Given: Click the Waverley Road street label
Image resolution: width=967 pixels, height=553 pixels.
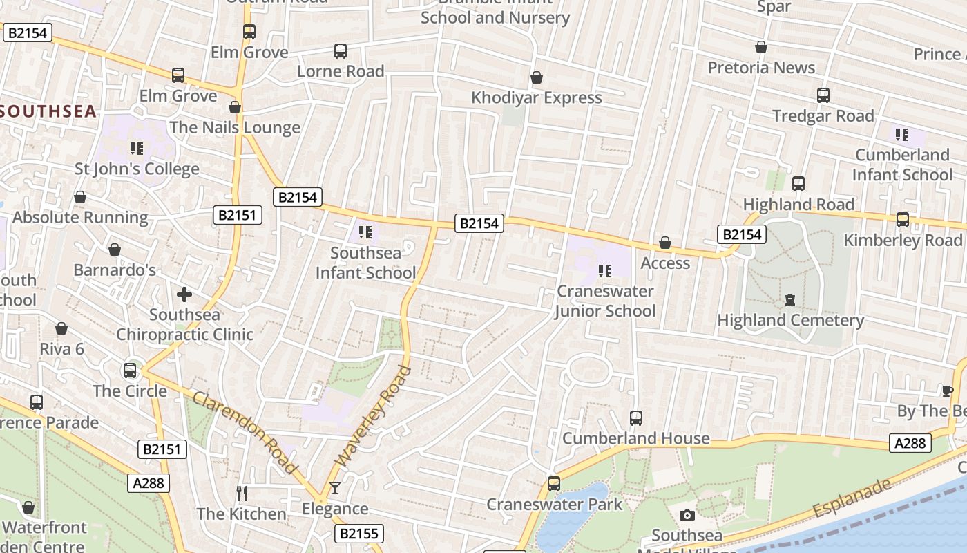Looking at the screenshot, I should [372, 416].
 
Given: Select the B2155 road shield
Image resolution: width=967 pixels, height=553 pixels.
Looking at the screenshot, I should [360, 534].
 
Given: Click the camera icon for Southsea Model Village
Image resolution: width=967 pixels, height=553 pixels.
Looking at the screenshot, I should [687, 515].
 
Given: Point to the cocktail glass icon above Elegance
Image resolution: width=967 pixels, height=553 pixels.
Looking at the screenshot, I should [335, 488].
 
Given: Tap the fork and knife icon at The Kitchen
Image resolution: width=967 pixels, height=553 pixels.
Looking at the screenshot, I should [242, 493].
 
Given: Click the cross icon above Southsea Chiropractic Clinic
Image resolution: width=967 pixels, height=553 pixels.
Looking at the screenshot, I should [184, 295].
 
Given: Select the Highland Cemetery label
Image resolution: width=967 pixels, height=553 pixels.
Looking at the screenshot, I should [790, 320].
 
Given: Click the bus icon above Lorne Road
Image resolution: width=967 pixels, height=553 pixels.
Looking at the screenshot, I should [341, 51].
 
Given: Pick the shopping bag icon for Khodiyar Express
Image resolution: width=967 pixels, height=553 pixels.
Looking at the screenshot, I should [537, 77].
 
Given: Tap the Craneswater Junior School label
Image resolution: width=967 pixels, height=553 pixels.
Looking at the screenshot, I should [605, 301].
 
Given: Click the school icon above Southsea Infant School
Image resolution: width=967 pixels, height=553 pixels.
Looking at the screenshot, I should [366, 232].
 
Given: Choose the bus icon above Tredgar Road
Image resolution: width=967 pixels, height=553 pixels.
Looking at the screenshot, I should [823, 95].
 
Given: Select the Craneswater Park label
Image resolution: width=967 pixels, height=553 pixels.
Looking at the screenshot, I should [554, 505].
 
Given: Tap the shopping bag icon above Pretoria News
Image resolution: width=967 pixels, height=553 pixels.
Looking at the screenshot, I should [761, 47].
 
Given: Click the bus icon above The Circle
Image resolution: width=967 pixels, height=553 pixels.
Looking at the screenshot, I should [130, 371].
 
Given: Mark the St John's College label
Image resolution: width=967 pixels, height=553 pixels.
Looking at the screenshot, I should [137, 169].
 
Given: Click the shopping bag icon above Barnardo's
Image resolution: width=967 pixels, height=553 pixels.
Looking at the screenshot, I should [115, 250].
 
